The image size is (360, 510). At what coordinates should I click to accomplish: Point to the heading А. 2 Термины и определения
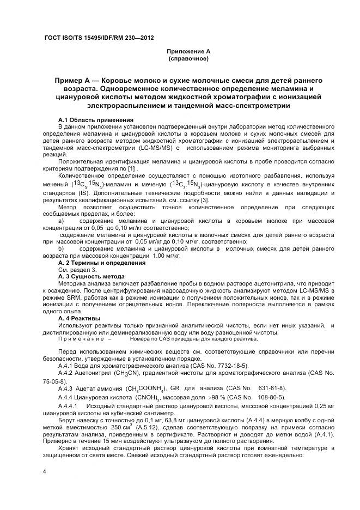101,263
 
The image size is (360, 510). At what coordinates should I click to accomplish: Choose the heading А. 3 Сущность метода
91,277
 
